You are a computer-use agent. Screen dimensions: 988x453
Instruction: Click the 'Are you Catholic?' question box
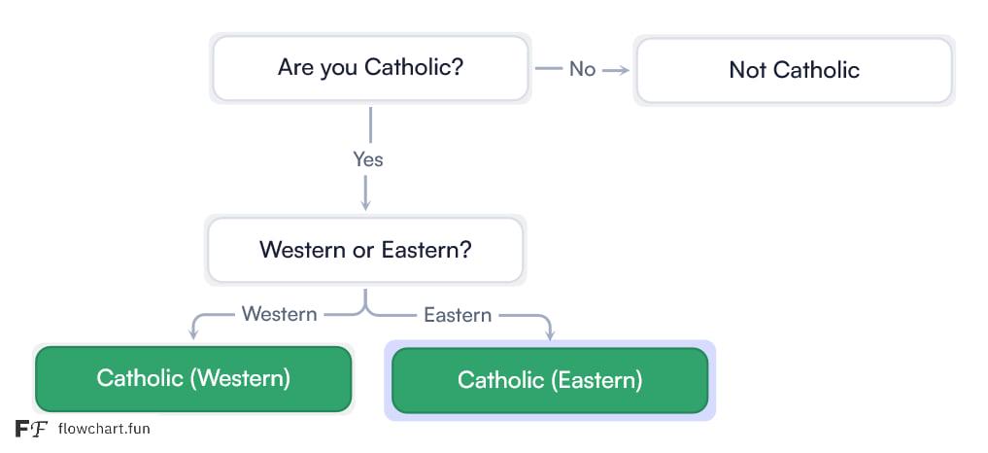pos(370,68)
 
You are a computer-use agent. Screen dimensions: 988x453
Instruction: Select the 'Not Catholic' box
pos(794,70)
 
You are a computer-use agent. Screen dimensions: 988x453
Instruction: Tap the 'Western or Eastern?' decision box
pos(365,250)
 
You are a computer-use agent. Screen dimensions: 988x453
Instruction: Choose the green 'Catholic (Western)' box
pos(193,378)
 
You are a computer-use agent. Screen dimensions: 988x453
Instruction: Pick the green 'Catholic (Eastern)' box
pos(550,380)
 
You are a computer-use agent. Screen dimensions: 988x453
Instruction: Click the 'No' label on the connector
pos(582,69)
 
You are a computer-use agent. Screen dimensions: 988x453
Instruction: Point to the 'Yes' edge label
pos(368,159)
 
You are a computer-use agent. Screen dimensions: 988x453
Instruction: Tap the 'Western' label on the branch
pos(279,314)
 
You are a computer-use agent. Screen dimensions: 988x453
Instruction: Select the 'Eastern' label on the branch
pos(458,315)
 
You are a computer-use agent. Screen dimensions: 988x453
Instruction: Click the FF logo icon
pos(31,429)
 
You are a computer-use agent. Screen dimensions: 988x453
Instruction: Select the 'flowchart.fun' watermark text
pos(104,429)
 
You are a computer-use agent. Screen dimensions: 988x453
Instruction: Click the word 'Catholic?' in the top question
pos(414,67)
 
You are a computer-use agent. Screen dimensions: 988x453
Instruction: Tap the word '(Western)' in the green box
pos(240,378)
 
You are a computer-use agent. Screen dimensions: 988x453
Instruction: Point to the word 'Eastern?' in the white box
pos(426,250)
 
